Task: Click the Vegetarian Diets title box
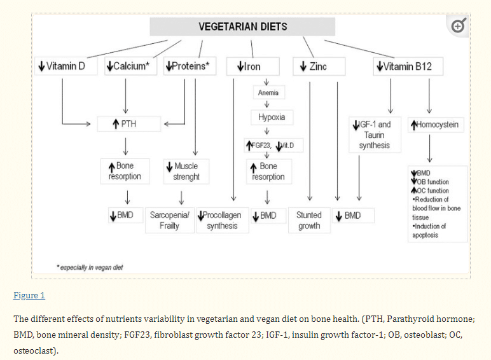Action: coord(242,27)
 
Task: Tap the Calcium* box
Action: coord(130,66)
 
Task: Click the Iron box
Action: coord(251,66)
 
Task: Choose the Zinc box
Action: coord(319,66)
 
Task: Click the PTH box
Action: coord(129,123)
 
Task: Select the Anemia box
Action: coord(268,93)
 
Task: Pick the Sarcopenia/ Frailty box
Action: coord(169,220)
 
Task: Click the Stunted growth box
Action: coord(309,220)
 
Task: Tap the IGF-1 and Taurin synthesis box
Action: coord(374,135)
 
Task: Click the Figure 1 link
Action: coord(29,296)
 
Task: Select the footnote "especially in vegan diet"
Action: coord(89,268)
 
